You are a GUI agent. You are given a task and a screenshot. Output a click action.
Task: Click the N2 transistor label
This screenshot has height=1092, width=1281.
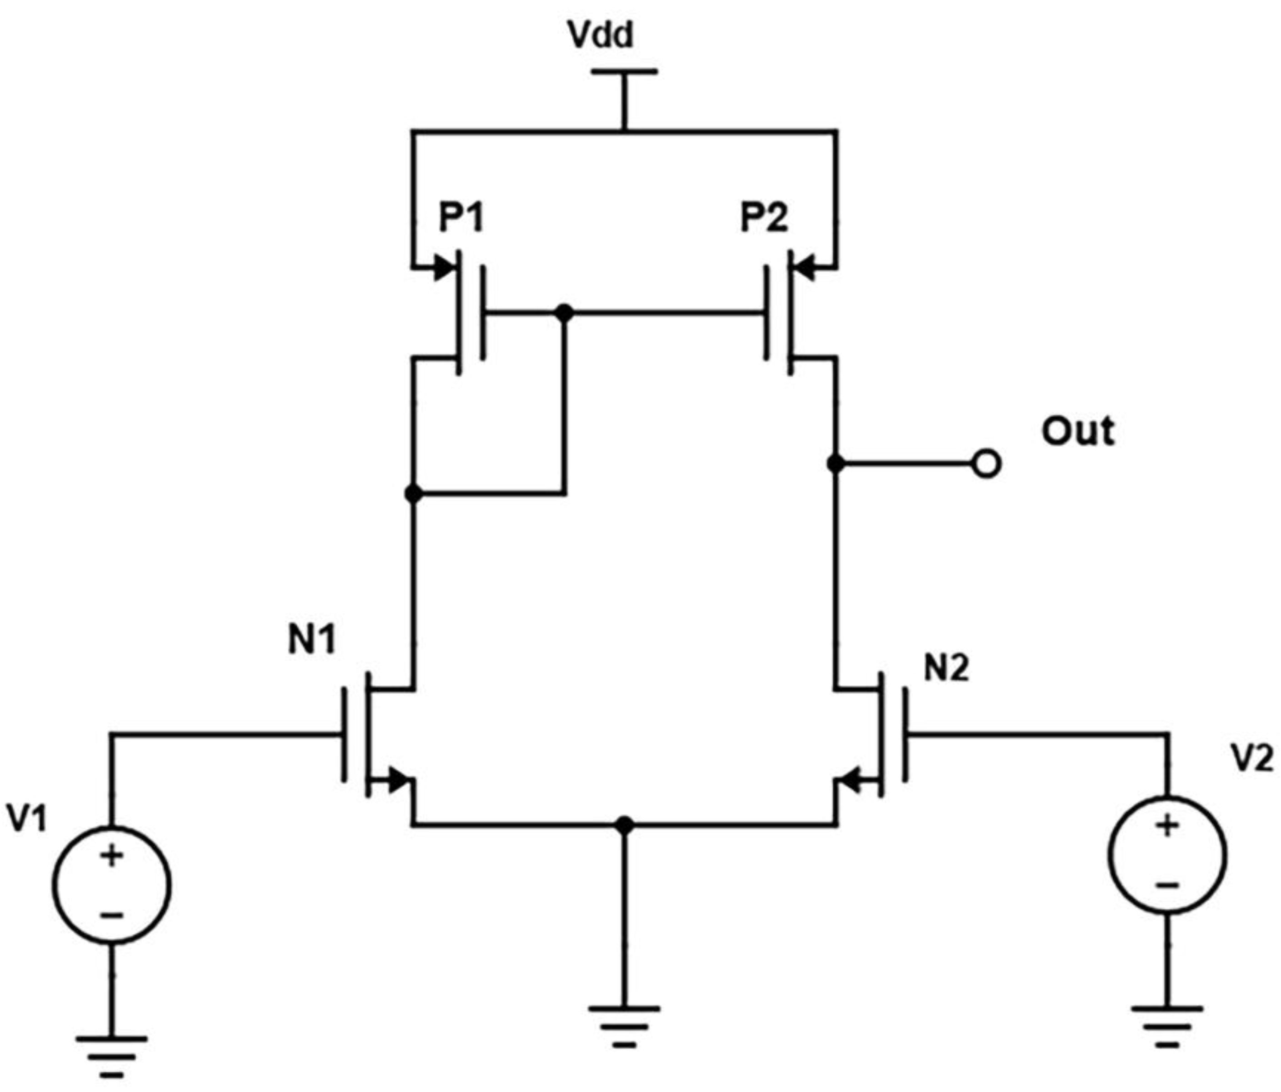[x=946, y=668]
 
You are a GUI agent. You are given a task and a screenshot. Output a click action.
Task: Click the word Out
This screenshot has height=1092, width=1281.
[x=1078, y=431]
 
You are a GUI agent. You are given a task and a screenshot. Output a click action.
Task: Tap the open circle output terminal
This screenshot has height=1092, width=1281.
[x=986, y=464]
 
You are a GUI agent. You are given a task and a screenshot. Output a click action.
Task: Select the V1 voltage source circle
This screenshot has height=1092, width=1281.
[x=112, y=885]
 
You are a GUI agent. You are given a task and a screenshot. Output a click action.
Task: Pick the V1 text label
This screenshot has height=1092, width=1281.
[x=26, y=818]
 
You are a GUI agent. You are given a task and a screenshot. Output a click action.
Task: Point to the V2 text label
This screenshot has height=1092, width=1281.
[x=1252, y=758]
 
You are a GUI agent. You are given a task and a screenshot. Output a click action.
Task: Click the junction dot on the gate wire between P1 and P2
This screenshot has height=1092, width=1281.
[x=564, y=313]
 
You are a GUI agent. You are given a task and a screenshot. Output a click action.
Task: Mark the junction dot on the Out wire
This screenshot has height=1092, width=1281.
[x=836, y=464]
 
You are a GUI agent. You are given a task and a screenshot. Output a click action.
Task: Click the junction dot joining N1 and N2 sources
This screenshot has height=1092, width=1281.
[x=625, y=824]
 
